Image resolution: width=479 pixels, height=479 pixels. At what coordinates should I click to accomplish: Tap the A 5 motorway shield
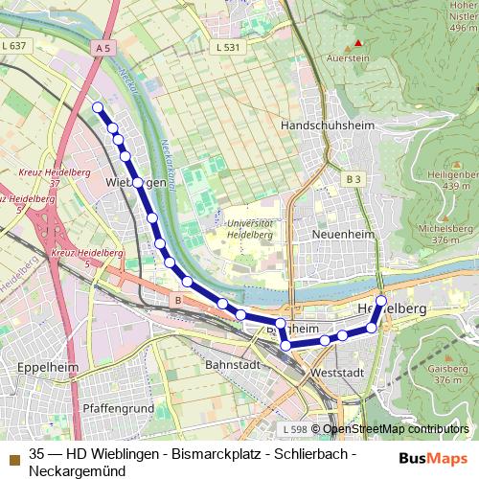[104, 46]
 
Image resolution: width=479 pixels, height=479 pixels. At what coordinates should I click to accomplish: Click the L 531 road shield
[227, 46]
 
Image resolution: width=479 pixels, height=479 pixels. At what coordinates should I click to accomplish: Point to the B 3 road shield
[354, 178]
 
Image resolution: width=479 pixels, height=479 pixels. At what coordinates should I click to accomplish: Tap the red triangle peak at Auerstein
[358, 43]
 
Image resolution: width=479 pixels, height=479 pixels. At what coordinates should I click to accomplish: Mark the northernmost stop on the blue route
[97, 107]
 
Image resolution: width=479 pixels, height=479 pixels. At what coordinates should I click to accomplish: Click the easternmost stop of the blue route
[381, 301]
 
